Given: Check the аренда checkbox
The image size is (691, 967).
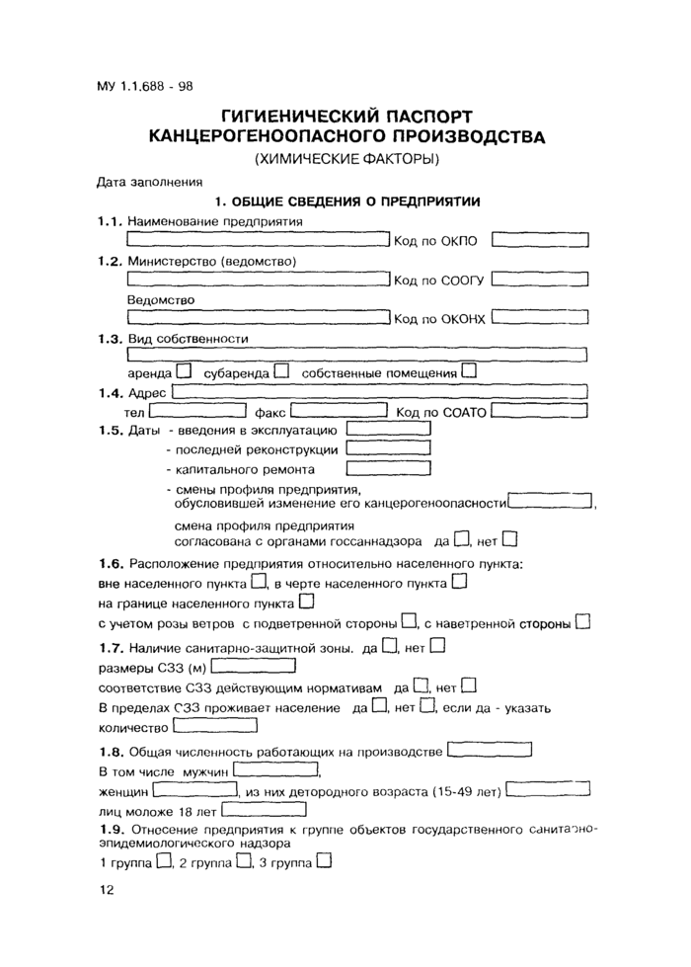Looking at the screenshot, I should pos(185,372).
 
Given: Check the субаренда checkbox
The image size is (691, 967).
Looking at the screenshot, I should pos(282,372).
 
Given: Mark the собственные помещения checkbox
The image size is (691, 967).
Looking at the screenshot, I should pos(469,372).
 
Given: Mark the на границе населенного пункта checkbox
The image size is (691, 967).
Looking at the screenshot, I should pos(306,601).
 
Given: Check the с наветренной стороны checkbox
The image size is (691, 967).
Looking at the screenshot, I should pos(582,622).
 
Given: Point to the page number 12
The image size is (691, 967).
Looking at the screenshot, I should pos(107,891).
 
